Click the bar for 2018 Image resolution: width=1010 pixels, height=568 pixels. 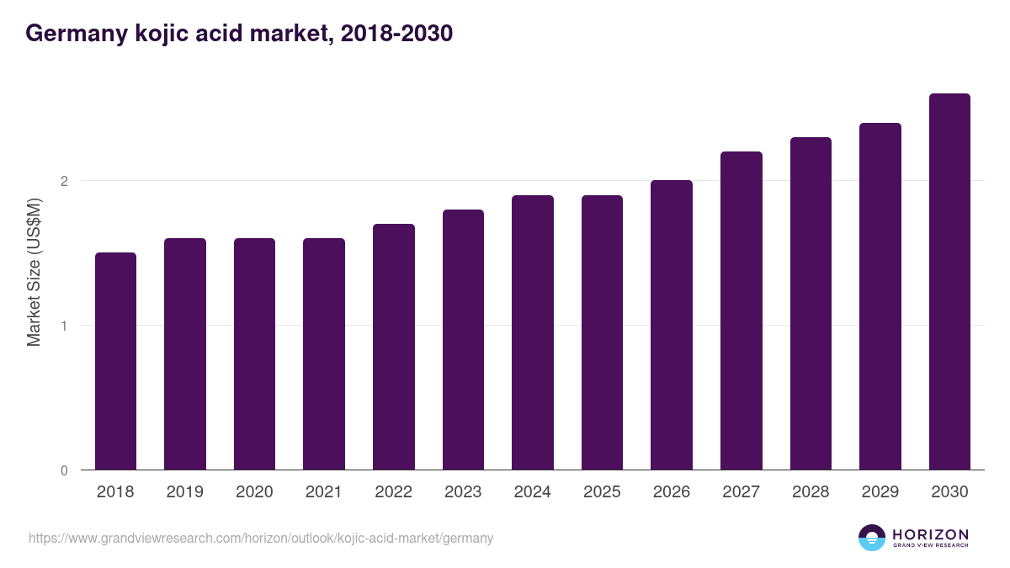coord(115,361)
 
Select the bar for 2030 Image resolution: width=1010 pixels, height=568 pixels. coord(949,282)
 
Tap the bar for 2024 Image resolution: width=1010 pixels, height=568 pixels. coord(533,332)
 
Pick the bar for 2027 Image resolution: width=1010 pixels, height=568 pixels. coord(742,311)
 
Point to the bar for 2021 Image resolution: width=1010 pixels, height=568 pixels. coord(324,354)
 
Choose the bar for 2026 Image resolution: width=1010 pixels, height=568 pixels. coord(672,325)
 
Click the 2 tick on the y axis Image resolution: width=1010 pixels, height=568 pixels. coord(63,181)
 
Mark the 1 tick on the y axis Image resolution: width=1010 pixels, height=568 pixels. coord(63,326)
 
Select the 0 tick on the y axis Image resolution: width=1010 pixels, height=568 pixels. coord(63,470)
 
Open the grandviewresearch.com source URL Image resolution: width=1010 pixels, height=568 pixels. coord(261,538)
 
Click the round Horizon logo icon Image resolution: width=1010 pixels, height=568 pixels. coord(872,538)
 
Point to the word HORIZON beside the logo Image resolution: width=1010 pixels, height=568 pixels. coord(930,533)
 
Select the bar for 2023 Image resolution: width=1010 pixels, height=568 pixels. coord(463,340)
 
